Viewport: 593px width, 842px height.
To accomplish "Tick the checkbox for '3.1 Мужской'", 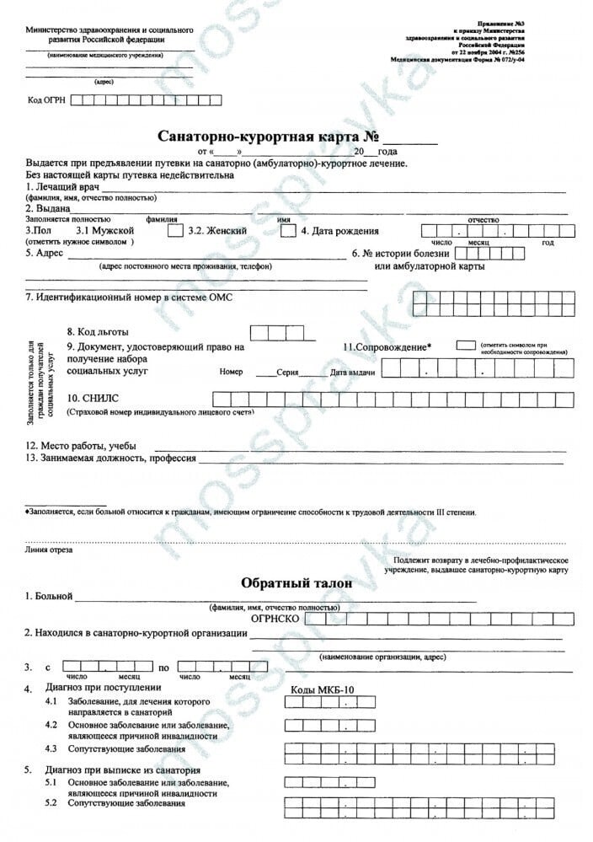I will (175, 230).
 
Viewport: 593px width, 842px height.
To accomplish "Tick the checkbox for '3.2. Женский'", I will (287, 230).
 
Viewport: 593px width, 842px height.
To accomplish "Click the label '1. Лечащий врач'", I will (63, 186).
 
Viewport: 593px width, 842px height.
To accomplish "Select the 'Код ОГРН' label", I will (46, 100).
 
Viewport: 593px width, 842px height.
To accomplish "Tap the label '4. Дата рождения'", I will (339, 230).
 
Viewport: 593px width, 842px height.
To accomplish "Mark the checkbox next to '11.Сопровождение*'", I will (465, 345).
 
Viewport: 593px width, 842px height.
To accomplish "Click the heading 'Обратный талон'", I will (296, 583).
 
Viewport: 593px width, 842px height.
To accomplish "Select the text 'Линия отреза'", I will (49, 550).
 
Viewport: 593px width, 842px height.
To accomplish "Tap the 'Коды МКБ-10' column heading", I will (323, 689).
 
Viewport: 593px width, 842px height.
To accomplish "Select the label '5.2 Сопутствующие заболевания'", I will (115, 803).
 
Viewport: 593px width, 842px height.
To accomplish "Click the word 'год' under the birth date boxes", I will (548, 243).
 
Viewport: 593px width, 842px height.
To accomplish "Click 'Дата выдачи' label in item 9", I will (353, 372).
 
